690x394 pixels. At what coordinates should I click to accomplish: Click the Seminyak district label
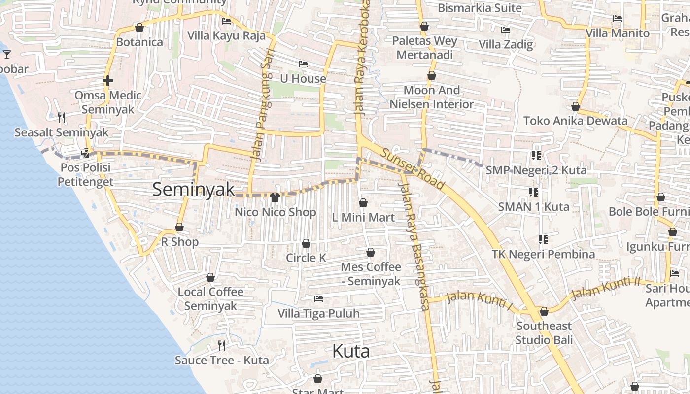[193, 190]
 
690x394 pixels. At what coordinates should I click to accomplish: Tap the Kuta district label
[351, 351]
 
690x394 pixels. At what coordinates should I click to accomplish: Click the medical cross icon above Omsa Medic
[108, 80]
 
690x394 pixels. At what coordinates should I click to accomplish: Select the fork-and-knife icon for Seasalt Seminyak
[62, 117]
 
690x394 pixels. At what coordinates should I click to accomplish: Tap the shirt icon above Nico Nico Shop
[275, 197]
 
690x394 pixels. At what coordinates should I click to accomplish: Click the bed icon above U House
[303, 64]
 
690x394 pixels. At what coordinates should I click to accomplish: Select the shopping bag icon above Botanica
[139, 28]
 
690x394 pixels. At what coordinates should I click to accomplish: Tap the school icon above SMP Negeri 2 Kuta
[536, 156]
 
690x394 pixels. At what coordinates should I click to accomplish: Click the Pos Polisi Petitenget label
[85, 174]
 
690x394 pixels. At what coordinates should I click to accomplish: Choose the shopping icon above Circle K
[306, 243]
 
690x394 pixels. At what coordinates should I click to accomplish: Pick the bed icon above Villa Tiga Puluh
[319, 298]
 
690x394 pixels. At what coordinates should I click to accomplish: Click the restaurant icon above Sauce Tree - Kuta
[222, 345]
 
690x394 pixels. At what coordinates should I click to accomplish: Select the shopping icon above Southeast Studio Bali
[544, 311]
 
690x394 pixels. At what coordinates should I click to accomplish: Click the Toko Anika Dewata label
[575, 121]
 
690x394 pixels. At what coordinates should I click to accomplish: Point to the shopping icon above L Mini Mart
[363, 203]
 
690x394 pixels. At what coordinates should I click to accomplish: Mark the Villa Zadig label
[506, 44]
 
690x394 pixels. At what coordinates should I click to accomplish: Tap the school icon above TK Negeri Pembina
[543, 240]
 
